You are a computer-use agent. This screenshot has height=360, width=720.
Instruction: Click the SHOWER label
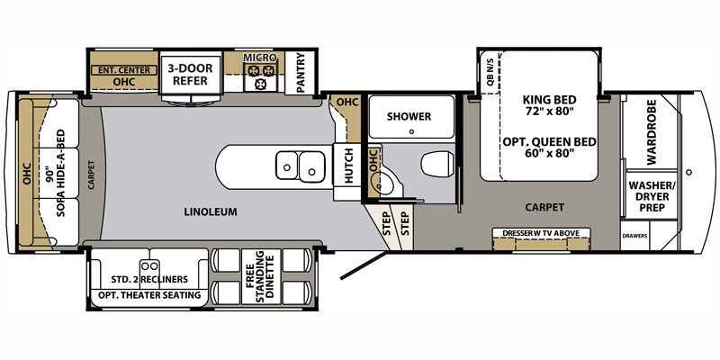[409, 117]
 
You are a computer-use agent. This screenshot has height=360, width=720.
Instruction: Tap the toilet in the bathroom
[437, 164]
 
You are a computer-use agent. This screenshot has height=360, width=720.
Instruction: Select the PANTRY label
[301, 73]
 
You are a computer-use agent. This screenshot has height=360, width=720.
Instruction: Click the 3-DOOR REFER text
[190, 75]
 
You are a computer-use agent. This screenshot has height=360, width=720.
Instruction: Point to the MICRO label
[260, 58]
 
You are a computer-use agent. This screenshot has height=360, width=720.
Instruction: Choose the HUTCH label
[349, 166]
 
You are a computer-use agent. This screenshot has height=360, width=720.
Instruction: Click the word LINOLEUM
[211, 212]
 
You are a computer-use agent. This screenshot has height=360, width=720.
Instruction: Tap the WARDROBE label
[652, 132]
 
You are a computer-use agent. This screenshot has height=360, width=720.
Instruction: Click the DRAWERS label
[635, 237]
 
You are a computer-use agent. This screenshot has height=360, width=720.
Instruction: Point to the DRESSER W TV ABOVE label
[541, 233]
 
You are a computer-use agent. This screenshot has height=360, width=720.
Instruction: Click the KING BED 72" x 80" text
[549, 105]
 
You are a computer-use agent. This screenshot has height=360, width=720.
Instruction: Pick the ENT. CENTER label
[123, 70]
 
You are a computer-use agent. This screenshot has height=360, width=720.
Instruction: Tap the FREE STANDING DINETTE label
[260, 276]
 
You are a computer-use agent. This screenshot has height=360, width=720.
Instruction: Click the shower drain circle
[411, 131]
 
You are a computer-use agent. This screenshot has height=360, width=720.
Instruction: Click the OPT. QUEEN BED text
[549, 147]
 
